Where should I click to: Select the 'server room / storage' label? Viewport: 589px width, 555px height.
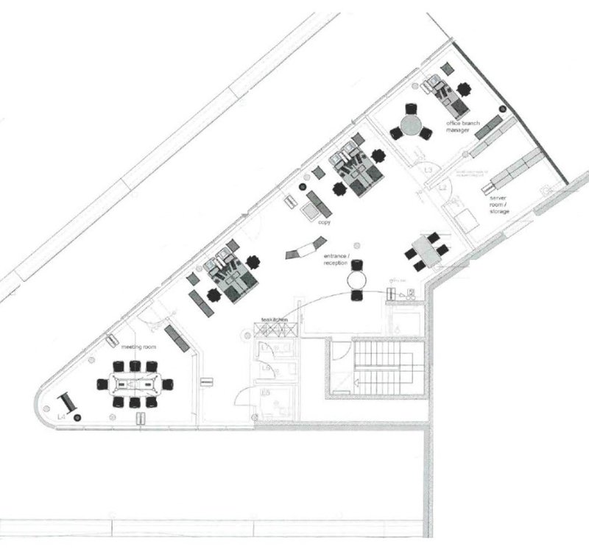(x=498, y=204)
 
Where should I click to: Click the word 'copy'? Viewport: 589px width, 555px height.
(x=323, y=222)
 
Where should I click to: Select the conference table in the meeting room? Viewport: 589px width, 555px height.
(x=135, y=383)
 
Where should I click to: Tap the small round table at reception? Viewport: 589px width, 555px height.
(x=357, y=280)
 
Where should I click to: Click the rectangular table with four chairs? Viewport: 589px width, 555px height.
(x=426, y=250)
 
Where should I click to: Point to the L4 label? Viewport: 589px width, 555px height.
(x=63, y=417)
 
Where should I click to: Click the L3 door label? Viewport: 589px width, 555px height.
(x=428, y=171)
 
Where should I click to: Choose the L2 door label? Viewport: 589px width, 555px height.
(x=443, y=190)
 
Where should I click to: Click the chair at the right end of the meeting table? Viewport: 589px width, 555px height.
(x=169, y=383)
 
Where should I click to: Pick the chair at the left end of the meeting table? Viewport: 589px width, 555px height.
(x=102, y=383)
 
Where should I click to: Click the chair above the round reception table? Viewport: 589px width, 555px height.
(x=357, y=264)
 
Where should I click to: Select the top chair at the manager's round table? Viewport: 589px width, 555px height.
(x=411, y=103)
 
